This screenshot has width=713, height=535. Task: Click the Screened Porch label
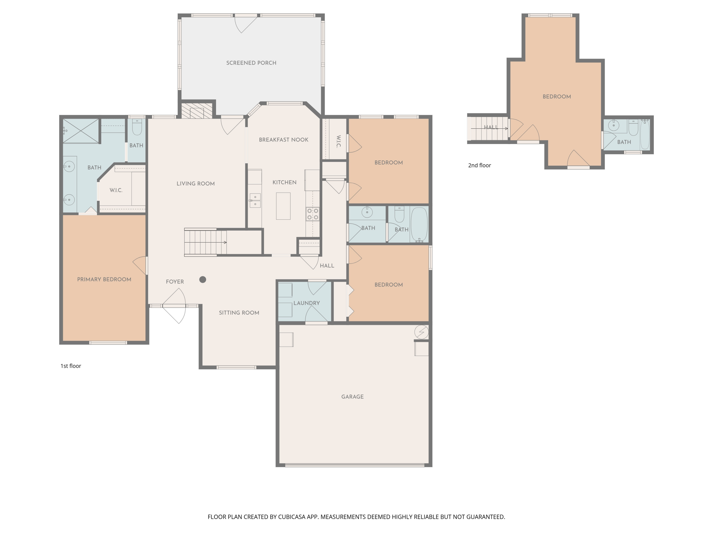251,63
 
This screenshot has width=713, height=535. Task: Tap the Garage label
352,397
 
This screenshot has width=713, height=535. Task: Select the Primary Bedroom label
104,279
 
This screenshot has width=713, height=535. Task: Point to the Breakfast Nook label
284,140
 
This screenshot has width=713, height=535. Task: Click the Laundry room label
307,303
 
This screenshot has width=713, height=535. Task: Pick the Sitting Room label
239,312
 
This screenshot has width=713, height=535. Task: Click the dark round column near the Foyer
203,280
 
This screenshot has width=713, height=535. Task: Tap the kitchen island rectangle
283,206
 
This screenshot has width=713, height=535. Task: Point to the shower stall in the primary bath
81,131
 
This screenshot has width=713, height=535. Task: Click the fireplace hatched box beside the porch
197,111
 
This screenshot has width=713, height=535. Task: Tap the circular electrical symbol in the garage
422,332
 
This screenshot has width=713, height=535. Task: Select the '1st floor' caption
71,366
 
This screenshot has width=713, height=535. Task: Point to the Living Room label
196,184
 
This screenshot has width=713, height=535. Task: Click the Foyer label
175,282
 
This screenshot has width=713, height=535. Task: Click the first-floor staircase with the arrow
205,242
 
